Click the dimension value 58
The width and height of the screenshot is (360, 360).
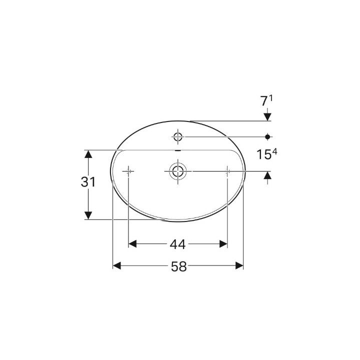(x=178, y=267)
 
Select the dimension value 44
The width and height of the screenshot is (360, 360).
(x=177, y=244)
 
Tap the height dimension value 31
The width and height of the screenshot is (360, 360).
(x=88, y=182)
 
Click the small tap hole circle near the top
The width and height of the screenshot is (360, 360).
(x=177, y=136)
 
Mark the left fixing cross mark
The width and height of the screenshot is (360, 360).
(x=128, y=171)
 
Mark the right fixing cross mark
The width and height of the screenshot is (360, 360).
(x=227, y=171)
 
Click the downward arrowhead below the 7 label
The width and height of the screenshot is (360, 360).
(x=268, y=117)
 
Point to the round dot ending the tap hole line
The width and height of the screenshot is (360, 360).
(x=268, y=136)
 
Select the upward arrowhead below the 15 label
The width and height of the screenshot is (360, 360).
(x=268, y=175)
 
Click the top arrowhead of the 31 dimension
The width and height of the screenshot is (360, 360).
(x=88, y=153)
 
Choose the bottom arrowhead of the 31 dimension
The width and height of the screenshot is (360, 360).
(x=88, y=215)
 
